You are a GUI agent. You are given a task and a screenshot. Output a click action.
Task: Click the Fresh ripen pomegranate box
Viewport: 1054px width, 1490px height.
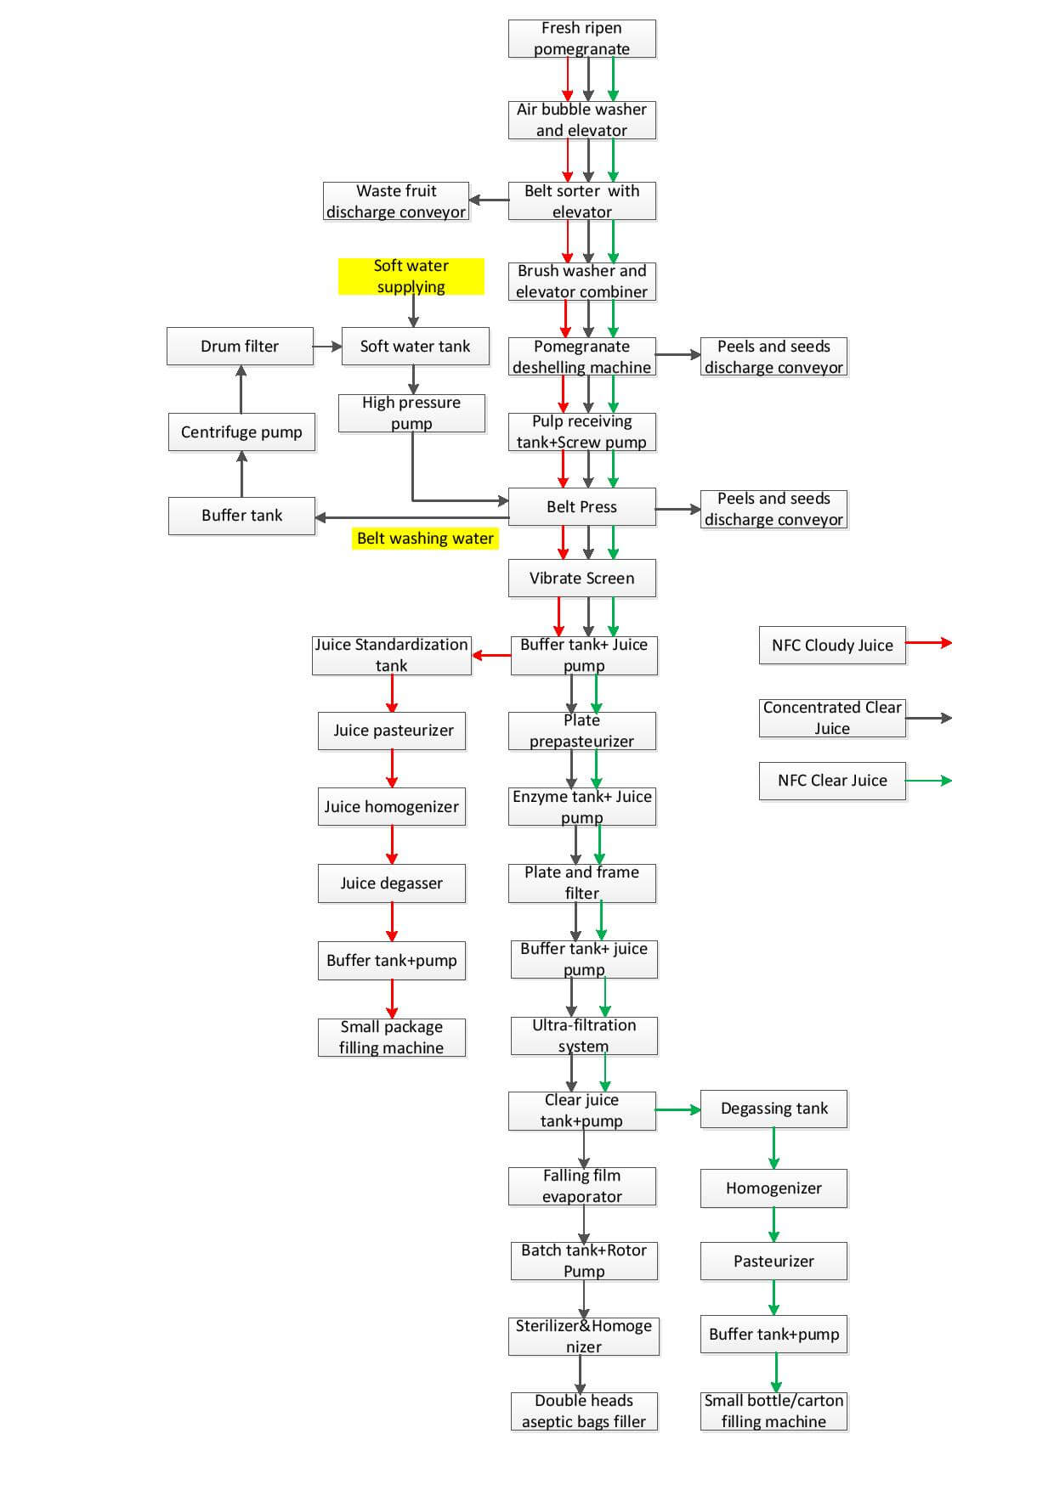pos(581,39)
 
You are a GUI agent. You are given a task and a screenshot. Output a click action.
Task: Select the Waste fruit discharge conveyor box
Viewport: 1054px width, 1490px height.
pos(396,201)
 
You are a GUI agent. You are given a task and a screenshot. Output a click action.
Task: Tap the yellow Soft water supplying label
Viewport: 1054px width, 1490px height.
pos(411,276)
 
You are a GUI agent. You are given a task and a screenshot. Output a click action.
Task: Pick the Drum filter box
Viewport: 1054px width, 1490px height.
pos(240,347)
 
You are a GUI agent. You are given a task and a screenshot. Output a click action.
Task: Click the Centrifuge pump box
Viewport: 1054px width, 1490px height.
pos(241,432)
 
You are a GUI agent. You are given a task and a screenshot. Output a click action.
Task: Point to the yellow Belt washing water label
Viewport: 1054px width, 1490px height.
pos(425,539)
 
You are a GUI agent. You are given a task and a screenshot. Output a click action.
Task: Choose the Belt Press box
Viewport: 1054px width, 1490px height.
pos(581,507)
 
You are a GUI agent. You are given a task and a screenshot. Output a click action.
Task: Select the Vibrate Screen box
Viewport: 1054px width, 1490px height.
pos(581,579)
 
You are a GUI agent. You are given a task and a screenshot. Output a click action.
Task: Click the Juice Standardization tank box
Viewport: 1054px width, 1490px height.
pos(391,655)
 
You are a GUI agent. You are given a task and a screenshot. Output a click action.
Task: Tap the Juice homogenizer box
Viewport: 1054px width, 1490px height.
pos(391,807)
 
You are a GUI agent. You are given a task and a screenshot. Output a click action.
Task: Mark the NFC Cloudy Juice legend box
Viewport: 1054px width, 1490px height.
pos(832,646)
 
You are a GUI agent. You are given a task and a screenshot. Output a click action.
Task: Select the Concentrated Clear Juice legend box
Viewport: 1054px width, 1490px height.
pos(832,718)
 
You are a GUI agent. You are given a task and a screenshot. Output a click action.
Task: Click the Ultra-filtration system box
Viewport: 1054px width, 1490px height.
pos(584,1036)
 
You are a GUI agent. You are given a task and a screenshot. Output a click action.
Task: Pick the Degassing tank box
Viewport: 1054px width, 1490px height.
pos(773,1109)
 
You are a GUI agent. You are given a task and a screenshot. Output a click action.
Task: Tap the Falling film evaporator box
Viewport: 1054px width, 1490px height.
pos(581,1186)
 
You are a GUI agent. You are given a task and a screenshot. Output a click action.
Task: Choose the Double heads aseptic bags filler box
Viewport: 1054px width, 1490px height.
pos(584,1411)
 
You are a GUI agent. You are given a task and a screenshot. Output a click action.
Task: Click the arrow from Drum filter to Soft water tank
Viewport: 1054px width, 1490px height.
pos(327,347)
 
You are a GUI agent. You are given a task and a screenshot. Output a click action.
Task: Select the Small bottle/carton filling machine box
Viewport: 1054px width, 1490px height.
pos(773,1411)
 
